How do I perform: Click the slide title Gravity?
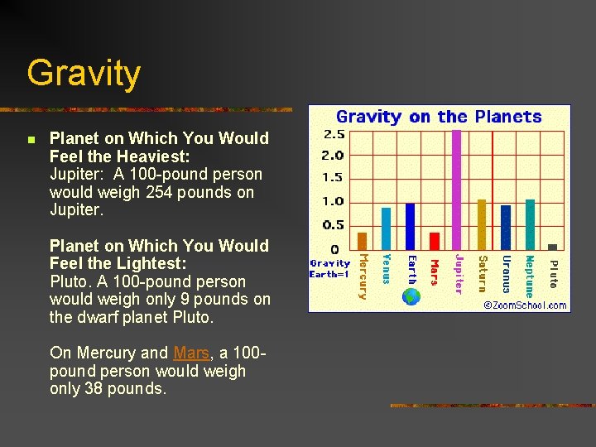coord(84,73)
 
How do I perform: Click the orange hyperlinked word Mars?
coord(191,353)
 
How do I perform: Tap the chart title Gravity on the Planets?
coord(439,117)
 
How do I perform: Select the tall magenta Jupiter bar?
coord(457,190)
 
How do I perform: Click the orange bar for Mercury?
coord(362,241)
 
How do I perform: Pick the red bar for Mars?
coord(435,241)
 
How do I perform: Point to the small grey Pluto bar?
coord(553,247)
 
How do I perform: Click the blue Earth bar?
coord(411,226)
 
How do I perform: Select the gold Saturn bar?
coord(482,224)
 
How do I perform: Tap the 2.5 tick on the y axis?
coord(334,134)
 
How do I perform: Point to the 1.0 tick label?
coord(334,201)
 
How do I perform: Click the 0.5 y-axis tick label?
coord(334,225)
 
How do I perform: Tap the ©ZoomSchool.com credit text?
coord(526,305)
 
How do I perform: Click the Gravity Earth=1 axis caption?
coord(329,268)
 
